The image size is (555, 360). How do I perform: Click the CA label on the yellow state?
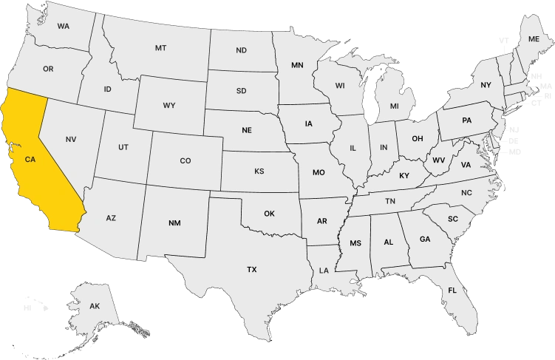tap(30, 159)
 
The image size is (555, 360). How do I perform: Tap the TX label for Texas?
tap(252, 270)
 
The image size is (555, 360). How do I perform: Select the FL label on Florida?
tap(452, 291)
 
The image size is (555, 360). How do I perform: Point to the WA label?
tap(63, 26)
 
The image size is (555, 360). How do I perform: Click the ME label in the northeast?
tap(534, 38)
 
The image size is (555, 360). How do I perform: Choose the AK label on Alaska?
tap(94, 305)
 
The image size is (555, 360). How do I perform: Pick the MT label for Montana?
tap(160, 47)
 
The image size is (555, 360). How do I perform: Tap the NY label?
tap(486, 85)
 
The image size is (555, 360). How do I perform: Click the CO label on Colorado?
tap(185, 160)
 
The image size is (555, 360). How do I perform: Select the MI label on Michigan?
tap(394, 106)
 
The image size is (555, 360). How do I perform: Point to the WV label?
tap(438, 160)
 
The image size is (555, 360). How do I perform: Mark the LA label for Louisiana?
tap(324, 271)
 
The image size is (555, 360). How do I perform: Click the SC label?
tap(453, 219)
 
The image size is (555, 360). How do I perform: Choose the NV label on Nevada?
tap(71, 139)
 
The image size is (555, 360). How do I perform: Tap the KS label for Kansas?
tap(259, 171)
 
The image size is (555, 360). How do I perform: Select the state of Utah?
tap(123, 147)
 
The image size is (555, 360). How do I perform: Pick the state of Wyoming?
tap(169, 106)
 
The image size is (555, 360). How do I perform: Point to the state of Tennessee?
tap(389, 201)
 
